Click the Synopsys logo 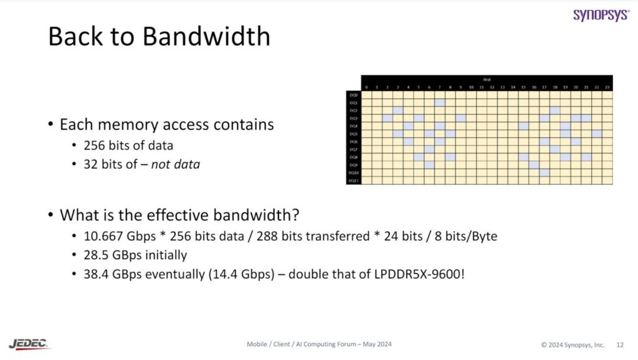601,15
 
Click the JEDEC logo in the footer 29,344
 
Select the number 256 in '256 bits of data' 95,146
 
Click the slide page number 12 620,344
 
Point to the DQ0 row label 353,95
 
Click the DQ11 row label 353,181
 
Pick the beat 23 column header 607,87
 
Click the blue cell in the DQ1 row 440,102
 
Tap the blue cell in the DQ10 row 545,173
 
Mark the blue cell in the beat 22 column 596,133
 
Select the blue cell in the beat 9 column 460,118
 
